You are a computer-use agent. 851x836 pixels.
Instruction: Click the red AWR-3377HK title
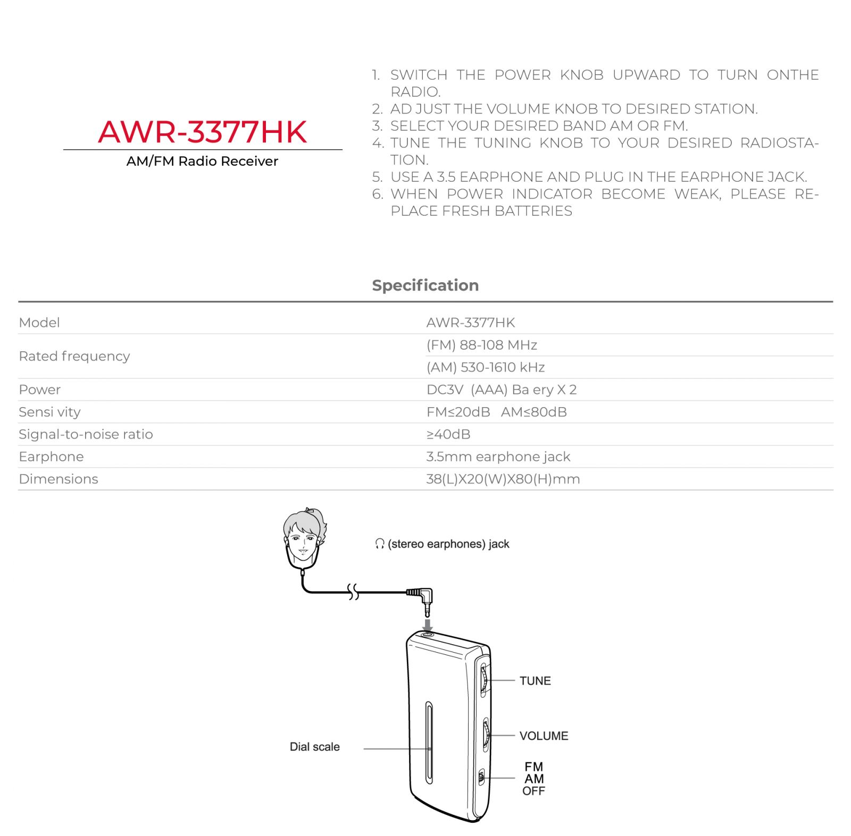203,132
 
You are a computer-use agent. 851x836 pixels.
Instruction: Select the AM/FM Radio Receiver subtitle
202,161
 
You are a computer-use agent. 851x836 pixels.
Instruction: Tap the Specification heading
425,285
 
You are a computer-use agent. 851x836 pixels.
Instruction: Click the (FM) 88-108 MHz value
481,345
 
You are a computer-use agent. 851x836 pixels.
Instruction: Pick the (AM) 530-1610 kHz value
485,367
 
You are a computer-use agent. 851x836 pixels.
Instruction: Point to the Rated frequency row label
74,356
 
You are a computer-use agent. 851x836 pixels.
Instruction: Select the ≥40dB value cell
448,434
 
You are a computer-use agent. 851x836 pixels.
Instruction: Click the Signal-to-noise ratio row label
86,434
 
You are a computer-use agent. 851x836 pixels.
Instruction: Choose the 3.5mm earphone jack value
498,457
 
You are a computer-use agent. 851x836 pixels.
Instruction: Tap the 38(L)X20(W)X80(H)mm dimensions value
503,479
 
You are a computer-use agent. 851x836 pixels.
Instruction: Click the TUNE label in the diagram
535,681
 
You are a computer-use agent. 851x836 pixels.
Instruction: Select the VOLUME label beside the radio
544,736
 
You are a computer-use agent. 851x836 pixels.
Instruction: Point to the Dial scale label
314,747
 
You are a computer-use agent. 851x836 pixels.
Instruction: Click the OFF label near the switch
533,791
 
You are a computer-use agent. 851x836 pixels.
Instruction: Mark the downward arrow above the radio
427,624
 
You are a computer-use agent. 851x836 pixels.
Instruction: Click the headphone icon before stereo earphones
379,544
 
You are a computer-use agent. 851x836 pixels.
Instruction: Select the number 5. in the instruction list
377,177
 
